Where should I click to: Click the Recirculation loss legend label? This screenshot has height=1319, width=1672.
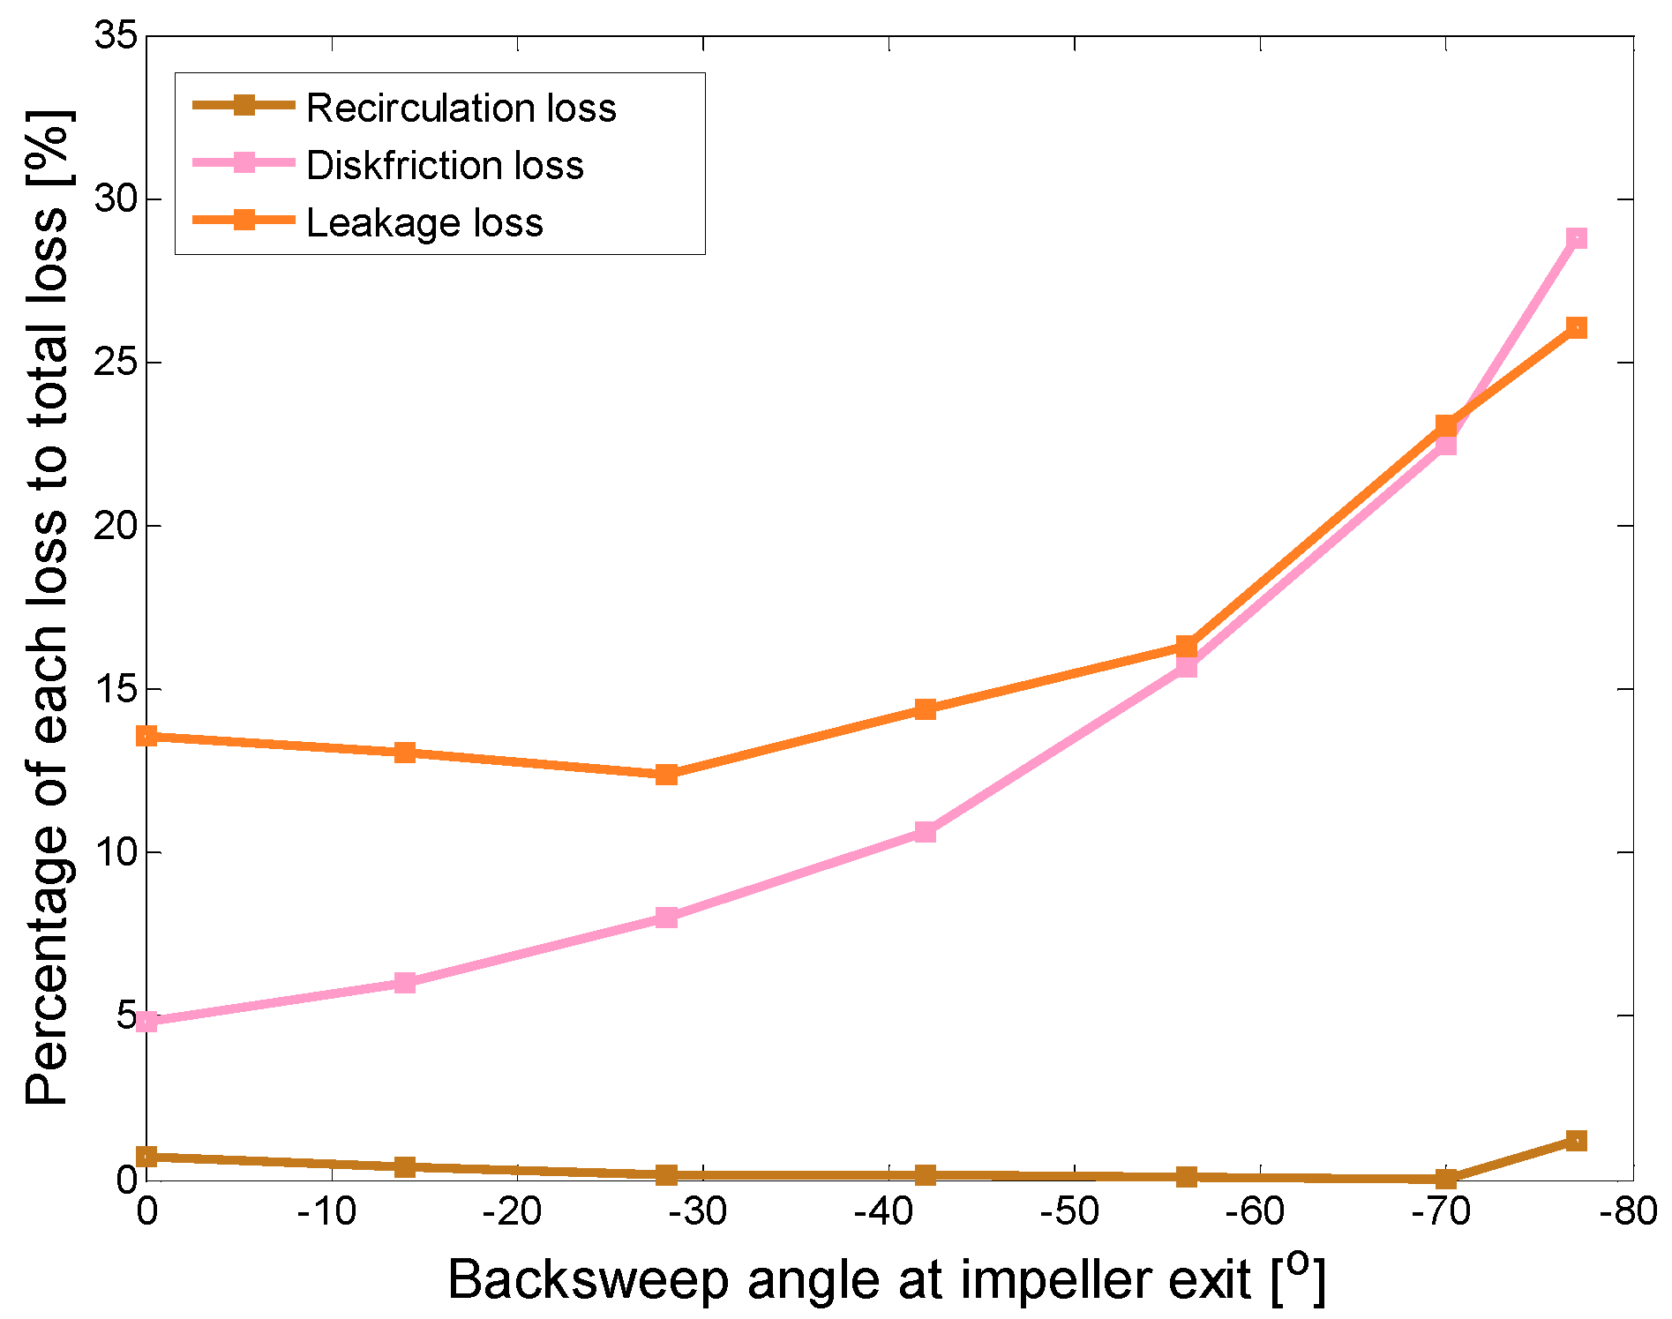(461, 108)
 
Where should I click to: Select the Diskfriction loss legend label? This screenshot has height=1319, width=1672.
(445, 165)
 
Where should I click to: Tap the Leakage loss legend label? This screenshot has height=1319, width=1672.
(424, 222)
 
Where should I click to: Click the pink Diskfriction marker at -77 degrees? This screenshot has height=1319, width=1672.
(1576, 238)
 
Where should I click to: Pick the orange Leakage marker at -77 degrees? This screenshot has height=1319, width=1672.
(1576, 328)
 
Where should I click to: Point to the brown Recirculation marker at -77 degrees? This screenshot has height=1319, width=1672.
(1576, 1141)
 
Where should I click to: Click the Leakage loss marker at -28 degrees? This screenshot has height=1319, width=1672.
(666, 775)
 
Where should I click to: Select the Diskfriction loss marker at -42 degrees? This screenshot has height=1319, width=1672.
(925, 832)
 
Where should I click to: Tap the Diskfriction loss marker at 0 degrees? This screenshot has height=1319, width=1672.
(147, 1022)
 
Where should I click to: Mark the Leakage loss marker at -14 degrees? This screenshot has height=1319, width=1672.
(405, 753)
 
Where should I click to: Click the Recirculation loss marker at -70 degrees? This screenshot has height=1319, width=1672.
(1445, 1179)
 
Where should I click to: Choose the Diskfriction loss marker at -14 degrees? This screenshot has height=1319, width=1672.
(405, 983)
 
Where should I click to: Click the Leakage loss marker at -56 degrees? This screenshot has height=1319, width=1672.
(1186, 647)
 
